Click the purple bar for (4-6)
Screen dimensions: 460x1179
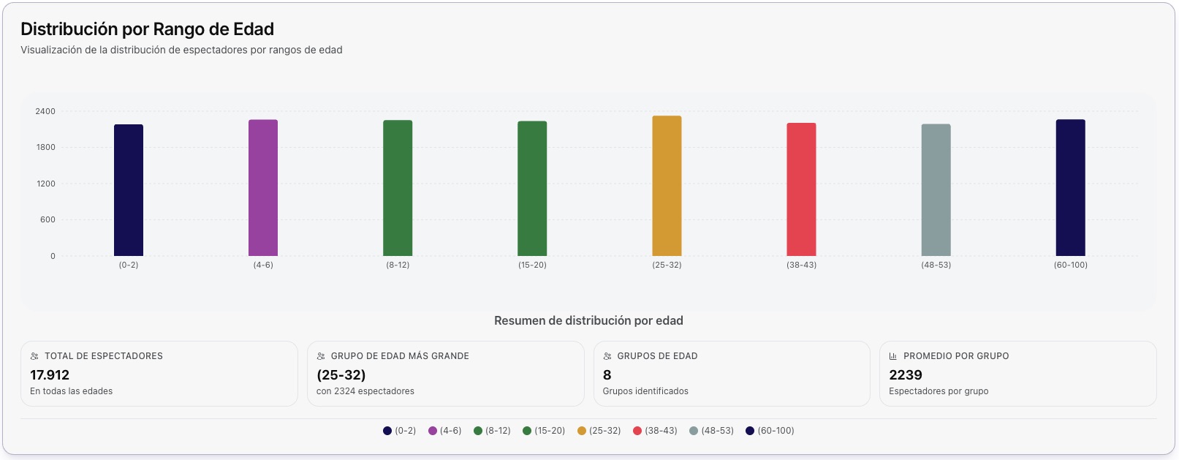pos(263,188)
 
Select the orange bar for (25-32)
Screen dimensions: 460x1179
pos(667,186)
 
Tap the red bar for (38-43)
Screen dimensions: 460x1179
pos(801,189)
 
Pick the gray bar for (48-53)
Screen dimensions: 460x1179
pos(936,190)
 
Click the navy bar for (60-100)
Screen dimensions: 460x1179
pos(1070,188)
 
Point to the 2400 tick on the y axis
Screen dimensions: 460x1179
pos(45,112)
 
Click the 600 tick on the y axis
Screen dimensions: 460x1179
pos(48,220)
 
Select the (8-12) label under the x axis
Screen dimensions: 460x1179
pos(398,265)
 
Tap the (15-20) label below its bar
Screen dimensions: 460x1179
pos(532,265)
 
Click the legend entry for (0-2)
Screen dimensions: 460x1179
pos(400,431)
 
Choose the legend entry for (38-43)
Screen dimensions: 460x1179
pos(656,431)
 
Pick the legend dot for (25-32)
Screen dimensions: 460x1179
pos(582,431)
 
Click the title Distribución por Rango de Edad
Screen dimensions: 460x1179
pos(147,29)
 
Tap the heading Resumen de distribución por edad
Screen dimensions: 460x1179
pos(588,321)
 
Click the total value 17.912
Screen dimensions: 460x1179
pos(50,375)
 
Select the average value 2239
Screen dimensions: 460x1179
pos(905,375)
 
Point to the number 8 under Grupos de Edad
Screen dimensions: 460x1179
pos(607,375)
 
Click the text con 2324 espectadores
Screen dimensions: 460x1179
pos(365,391)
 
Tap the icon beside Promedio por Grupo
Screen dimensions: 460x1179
pos(892,356)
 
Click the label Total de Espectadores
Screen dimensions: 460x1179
pos(103,356)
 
